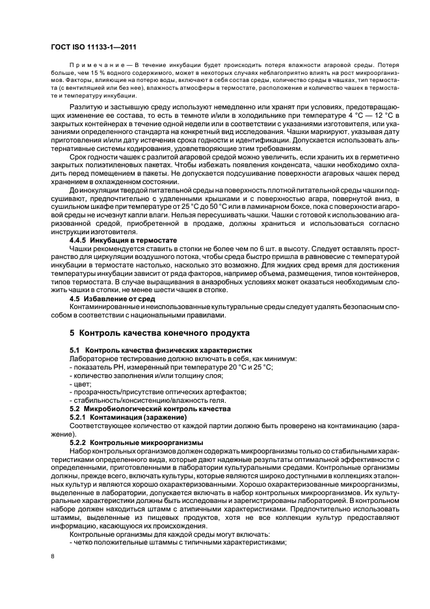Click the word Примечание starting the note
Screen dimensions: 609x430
(97, 66)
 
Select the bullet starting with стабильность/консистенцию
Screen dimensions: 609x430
(147, 401)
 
